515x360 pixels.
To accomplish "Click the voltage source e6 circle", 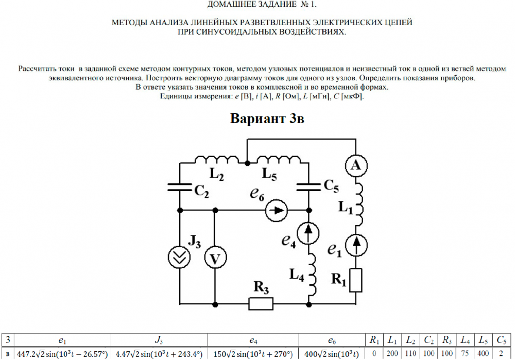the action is pyautogui.click(x=277, y=210).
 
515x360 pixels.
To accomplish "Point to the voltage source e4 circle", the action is pyautogui.click(x=309, y=234).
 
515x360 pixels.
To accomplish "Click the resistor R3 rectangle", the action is pyautogui.click(x=261, y=304).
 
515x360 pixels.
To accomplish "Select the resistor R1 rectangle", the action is pyautogui.click(x=356, y=280).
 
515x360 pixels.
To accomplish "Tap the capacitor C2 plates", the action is pyautogui.click(x=180, y=186).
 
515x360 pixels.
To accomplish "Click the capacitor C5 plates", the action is pyautogui.click(x=309, y=186).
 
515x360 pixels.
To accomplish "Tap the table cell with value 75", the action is pyautogui.click(x=465, y=354).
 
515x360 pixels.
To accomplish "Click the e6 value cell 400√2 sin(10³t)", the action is pyautogui.click(x=330, y=354).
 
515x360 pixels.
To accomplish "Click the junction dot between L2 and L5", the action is pyautogui.click(x=248, y=163).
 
